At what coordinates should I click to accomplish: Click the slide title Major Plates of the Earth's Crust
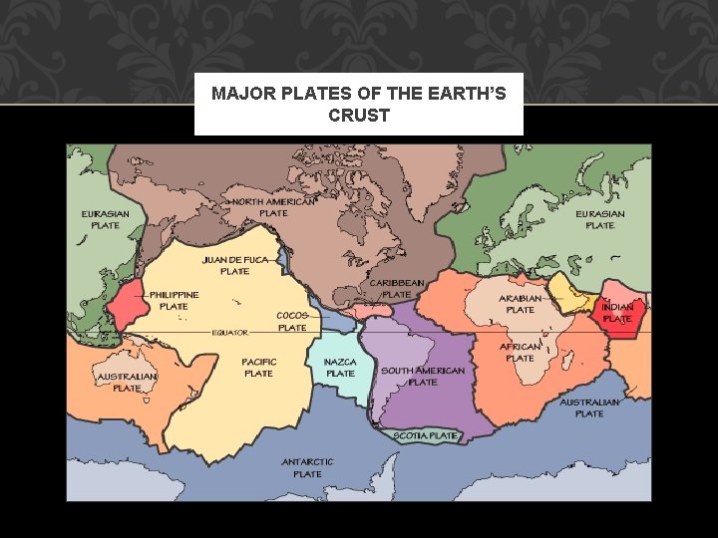pos(359,105)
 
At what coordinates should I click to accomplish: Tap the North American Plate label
pos(273,207)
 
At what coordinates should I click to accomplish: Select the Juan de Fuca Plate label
pos(235,265)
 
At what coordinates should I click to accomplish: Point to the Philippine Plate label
pos(174,301)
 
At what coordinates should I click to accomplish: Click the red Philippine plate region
pos(129,305)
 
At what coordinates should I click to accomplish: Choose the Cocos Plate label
pos(292,321)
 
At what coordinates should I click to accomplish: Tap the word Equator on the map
pos(229,333)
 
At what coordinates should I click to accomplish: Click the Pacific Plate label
pos(258,368)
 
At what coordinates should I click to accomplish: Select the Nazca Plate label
pos(340,368)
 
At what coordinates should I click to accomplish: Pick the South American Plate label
pos(423,377)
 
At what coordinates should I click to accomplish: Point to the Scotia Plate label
pos(426,435)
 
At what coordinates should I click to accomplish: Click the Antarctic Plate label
pos(307,468)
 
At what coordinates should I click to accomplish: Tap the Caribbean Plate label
pos(397,289)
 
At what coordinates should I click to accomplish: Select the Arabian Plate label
pos(521,304)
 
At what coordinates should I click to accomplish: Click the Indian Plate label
pos(617,313)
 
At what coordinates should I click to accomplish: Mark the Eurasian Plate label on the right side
pos(600,219)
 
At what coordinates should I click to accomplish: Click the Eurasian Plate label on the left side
pos(106,219)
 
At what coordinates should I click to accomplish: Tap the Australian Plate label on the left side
pos(127,383)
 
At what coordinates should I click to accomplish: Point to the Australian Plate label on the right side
pos(589,407)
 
